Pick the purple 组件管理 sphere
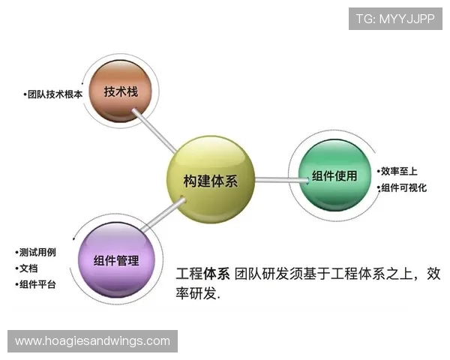pyautogui.click(x=116, y=260)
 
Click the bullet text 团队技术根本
pyautogui.click(x=53, y=95)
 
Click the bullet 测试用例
pyautogui.click(x=41, y=251)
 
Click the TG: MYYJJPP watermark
pyautogui.click(x=395, y=19)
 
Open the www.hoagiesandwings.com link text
pyautogui.click(x=92, y=341)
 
